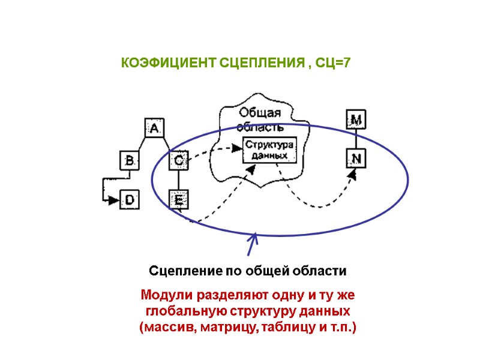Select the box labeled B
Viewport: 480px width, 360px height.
pyautogui.click(x=129, y=161)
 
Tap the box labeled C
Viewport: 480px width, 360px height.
pyautogui.click(x=179, y=161)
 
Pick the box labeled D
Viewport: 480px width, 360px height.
pyautogui.click(x=129, y=200)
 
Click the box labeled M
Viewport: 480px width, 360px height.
pyautogui.click(x=356, y=120)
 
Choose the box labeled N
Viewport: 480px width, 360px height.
pyautogui.click(x=356, y=158)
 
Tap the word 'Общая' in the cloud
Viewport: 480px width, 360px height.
pyautogui.click(x=260, y=113)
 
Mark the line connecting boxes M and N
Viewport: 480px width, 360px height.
pyautogui.click(x=356, y=139)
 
